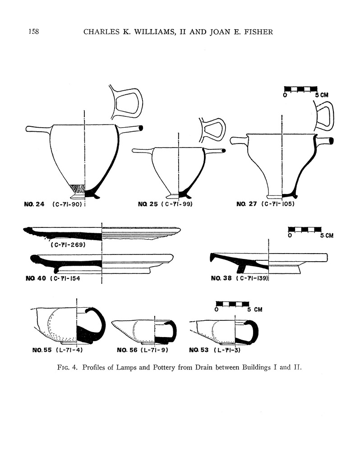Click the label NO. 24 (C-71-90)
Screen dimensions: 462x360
click(54, 204)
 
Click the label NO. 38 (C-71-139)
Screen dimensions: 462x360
click(239, 278)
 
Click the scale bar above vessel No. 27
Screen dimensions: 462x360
click(300, 88)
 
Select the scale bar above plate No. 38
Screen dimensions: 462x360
click(306, 230)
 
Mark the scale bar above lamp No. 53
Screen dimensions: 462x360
click(233, 303)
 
